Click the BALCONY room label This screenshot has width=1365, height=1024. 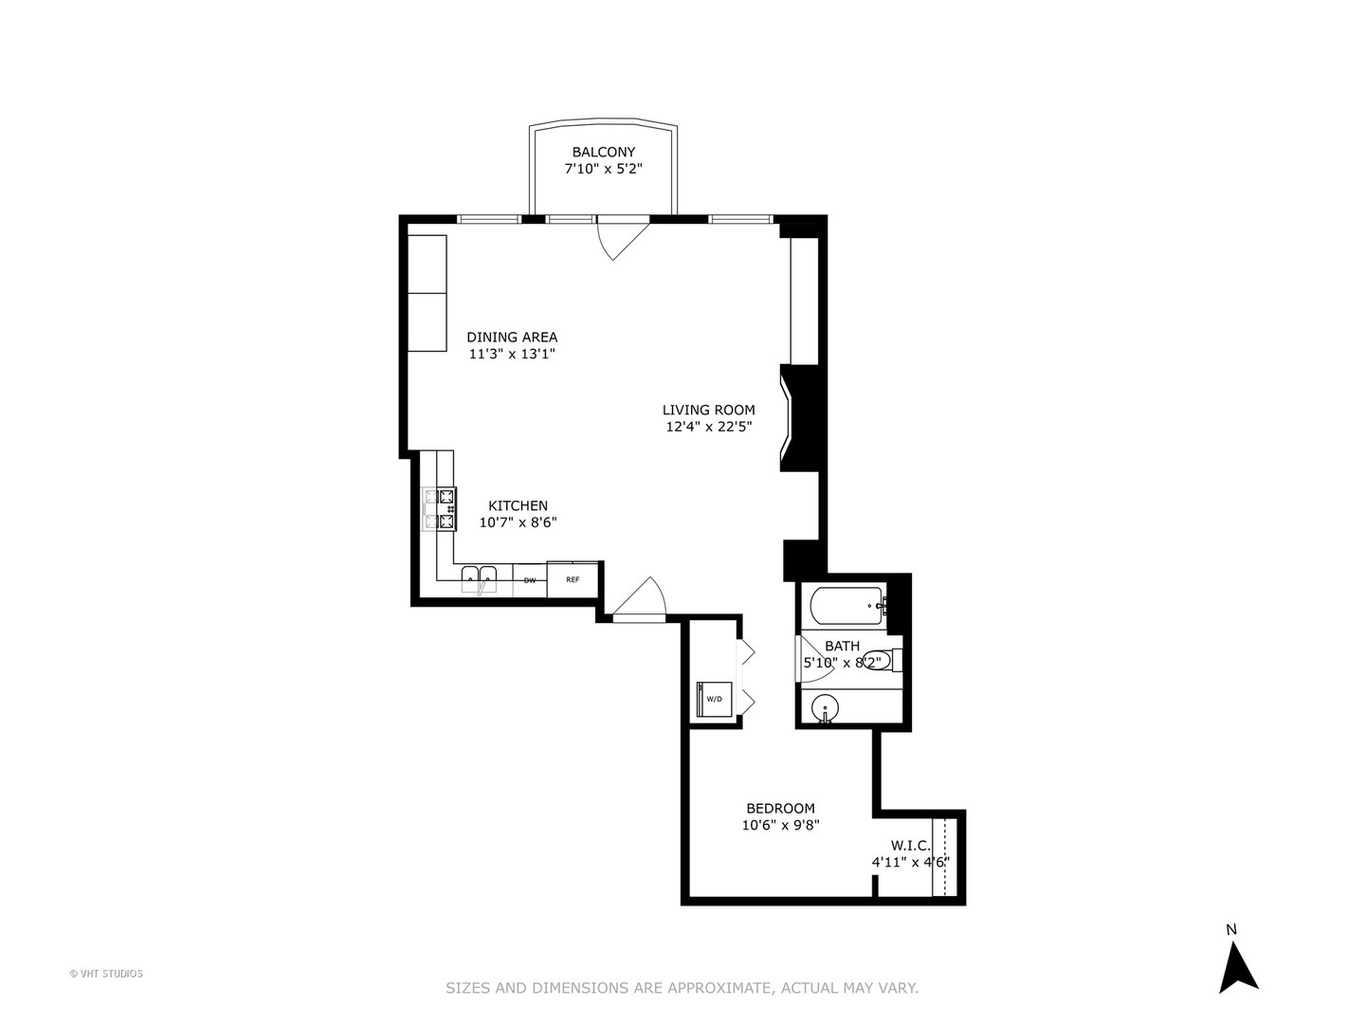[x=603, y=152]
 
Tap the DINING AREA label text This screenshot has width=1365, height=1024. [x=512, y=337]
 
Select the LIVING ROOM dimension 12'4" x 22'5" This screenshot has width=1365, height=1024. [x=709, y=427]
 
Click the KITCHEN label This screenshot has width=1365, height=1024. [x=518, y=505]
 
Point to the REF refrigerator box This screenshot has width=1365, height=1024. [x=573, y=579]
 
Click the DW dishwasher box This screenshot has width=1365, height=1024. [x=530, y=579]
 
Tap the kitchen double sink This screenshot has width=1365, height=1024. [x=480, y=577]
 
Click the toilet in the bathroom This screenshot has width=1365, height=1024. [x=881, y=661]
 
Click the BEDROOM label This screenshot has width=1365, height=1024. [x=780, y=809]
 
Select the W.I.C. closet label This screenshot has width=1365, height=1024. [x=910, y=845]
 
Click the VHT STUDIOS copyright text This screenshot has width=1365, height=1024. [x=106, y=974]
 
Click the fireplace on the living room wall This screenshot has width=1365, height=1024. [x=796, y=418]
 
